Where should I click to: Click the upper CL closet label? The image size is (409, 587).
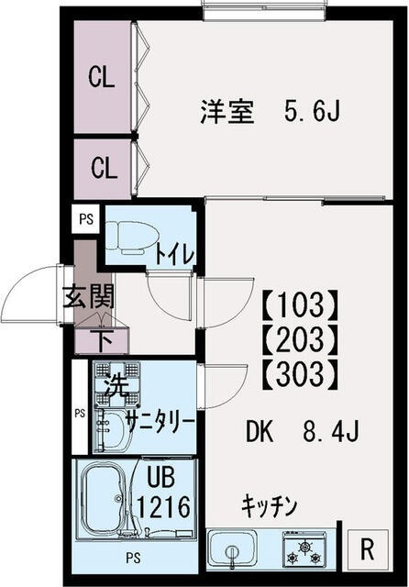pos(102,78)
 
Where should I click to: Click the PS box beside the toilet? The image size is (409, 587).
pos(85,218)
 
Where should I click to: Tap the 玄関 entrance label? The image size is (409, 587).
pos(88,298)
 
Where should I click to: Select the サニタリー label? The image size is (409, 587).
pos(160,421)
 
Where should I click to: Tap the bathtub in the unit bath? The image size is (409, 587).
pos(107,500)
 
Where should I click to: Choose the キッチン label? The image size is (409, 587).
pos(271,504)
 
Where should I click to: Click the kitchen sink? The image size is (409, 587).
pos(234,551)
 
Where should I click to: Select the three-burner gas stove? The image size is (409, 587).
pos(302,551)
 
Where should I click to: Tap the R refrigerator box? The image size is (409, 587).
pos(367,550)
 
